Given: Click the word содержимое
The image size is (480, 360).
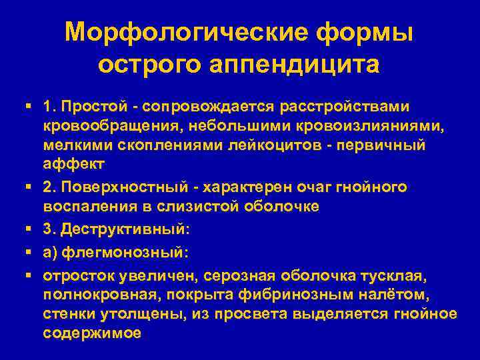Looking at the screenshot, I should click(x=92, y=332).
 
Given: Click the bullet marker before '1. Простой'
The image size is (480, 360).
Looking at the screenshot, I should click(x=28, y=107).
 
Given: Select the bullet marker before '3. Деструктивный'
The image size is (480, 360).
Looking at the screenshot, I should click(x=28, y=229).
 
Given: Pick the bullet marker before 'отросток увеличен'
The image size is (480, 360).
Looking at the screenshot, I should click(x=28, y=275).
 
